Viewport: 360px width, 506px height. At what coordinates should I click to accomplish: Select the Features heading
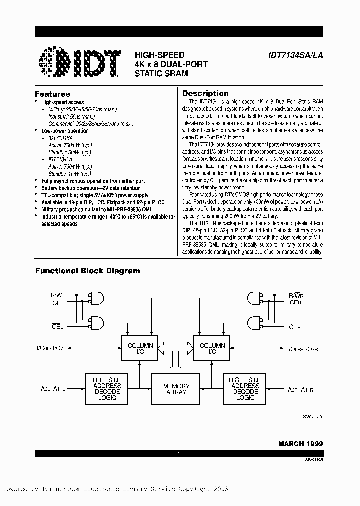(52, 94)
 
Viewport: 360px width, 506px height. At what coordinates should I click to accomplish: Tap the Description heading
(205, 93)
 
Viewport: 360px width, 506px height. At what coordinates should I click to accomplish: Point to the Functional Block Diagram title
(87, 271)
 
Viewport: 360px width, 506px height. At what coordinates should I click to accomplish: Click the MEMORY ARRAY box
(176, 389)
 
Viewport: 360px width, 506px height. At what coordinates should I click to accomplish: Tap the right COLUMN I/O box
(212, 349)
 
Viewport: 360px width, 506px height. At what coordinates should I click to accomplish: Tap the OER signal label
(295, 327)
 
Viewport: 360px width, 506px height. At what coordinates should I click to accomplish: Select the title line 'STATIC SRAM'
(161, 73)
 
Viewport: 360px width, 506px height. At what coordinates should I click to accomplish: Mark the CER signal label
(295, 302)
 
